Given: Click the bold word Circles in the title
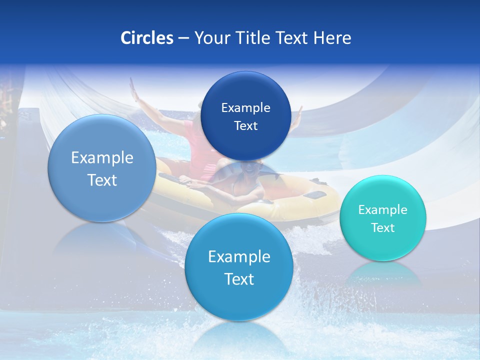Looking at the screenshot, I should point(146,38).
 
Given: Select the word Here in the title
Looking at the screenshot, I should point(332,38).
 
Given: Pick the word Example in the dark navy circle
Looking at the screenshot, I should point(245,107).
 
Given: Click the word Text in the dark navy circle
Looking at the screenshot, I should point(245,125).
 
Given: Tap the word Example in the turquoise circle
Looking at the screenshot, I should point(382,209).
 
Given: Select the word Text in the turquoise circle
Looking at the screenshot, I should point(382,227).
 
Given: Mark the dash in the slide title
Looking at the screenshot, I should point(183,38).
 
